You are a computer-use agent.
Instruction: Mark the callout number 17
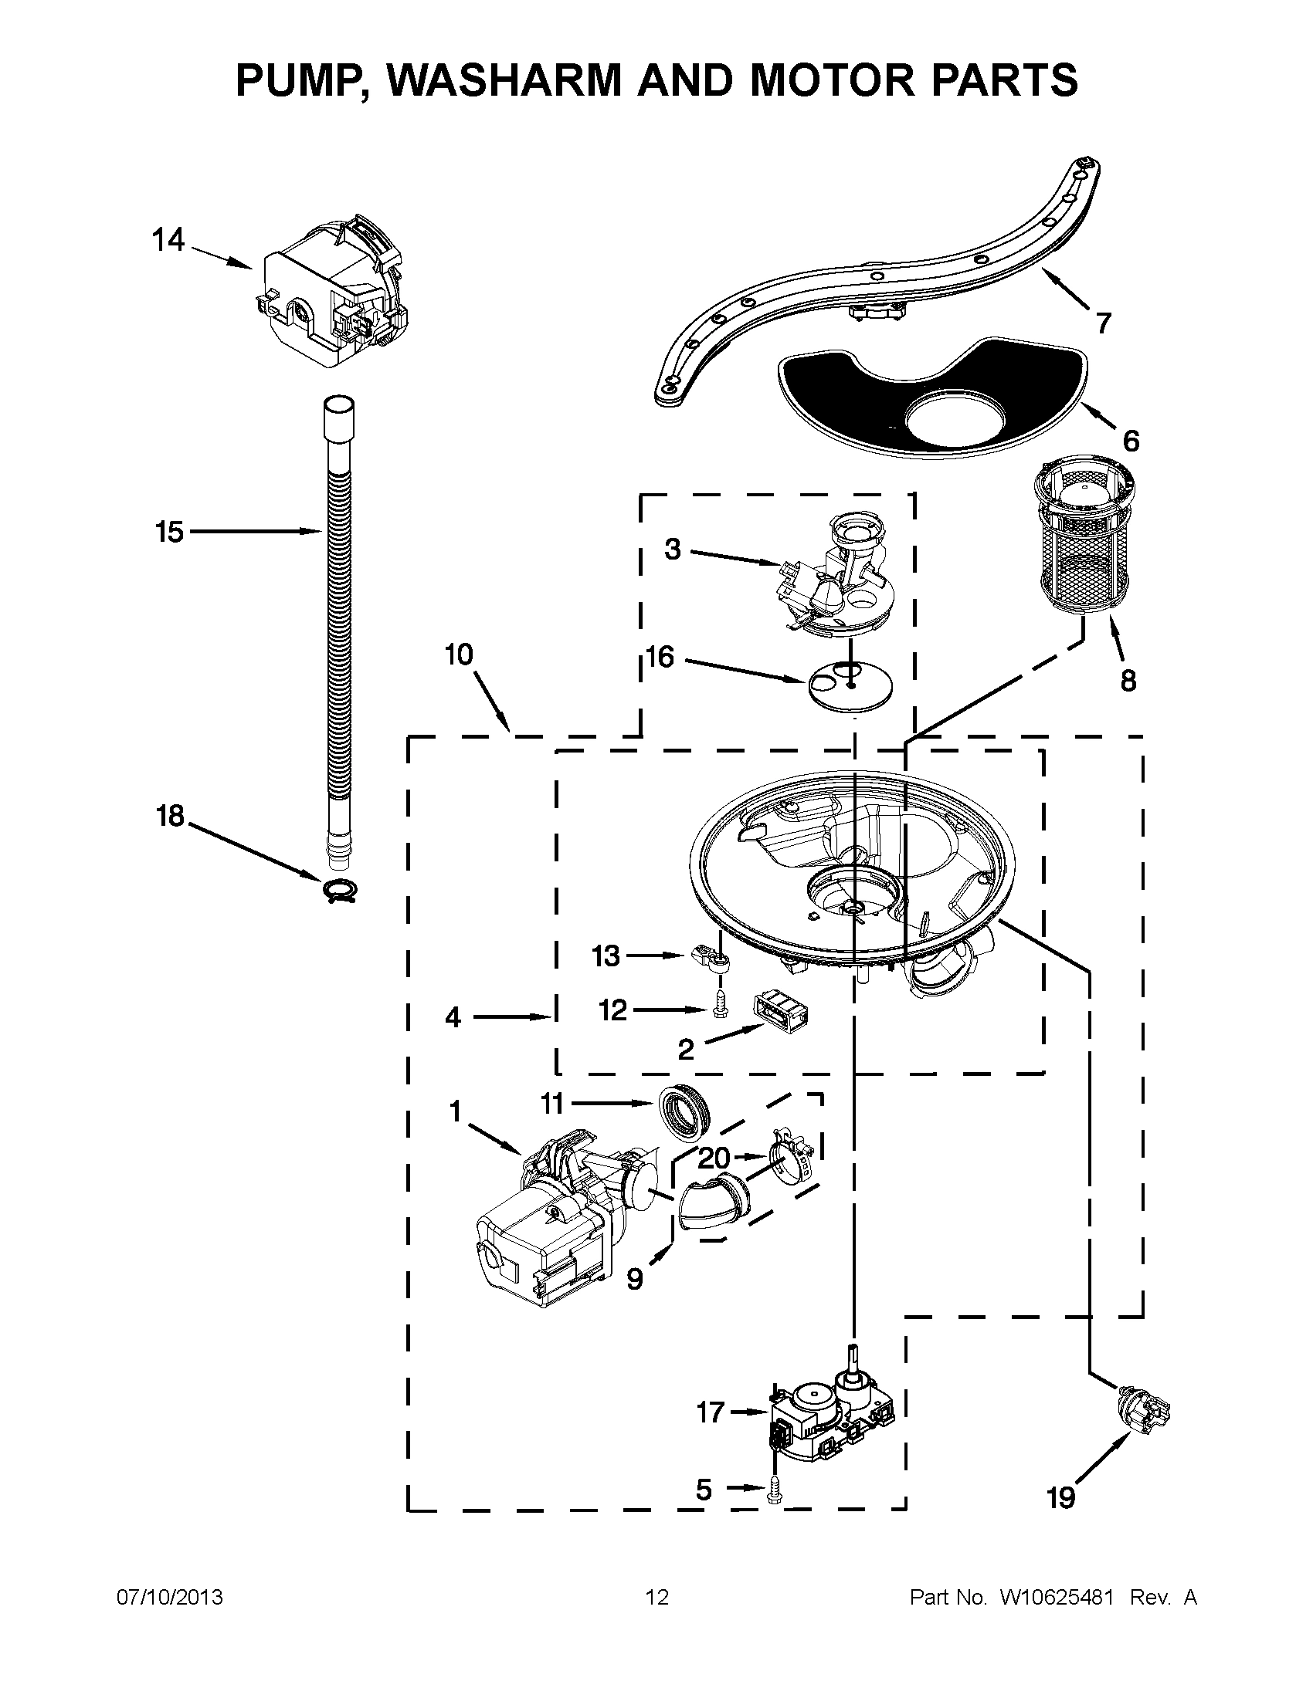tap(710, 1411)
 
